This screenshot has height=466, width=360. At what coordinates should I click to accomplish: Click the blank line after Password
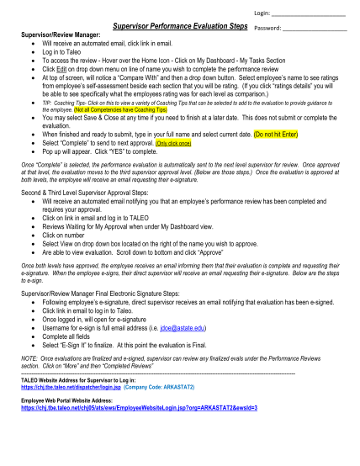315,30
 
